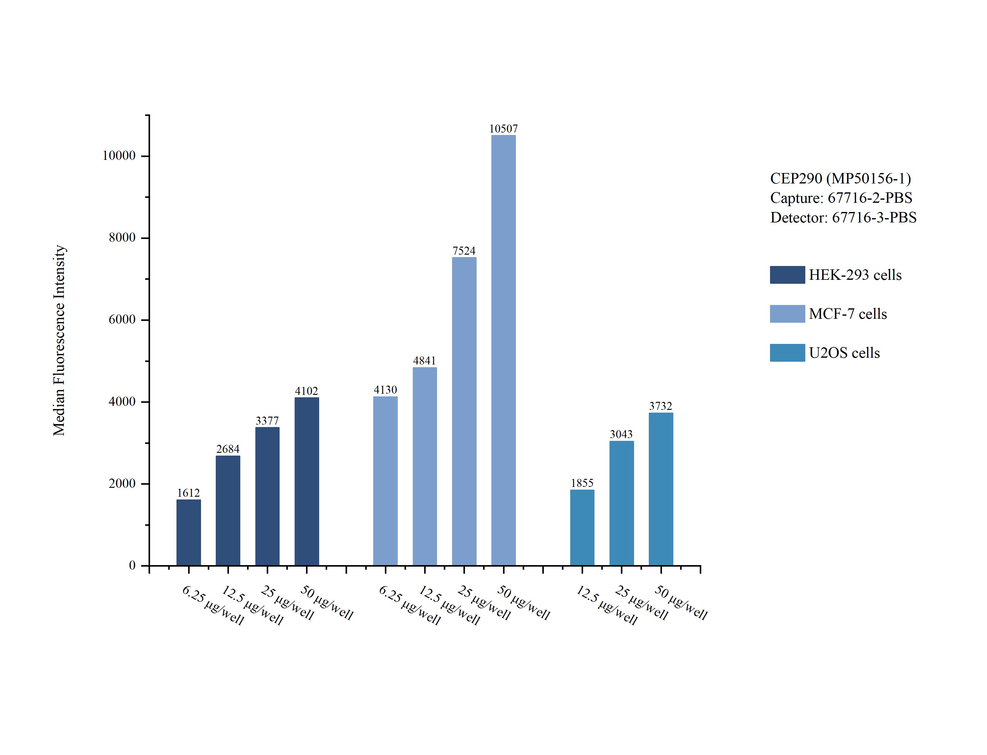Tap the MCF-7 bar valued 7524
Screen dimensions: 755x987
464,411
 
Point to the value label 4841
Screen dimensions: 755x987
424,360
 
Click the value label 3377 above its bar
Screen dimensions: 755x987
267,421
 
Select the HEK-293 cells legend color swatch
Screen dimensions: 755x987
787,275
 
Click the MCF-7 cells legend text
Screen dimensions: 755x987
848,314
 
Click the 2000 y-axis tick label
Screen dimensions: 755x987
122,483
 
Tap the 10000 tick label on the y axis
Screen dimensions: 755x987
119,156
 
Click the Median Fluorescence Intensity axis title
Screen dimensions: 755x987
59,340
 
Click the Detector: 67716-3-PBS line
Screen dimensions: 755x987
843,218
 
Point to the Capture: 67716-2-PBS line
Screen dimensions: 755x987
841,198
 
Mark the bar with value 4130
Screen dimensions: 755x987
385,481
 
